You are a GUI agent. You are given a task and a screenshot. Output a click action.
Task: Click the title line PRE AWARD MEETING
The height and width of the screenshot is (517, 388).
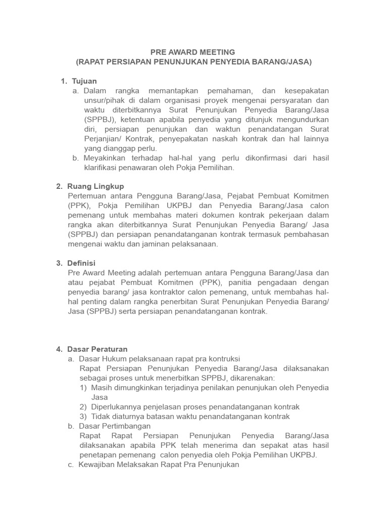pos(193,51)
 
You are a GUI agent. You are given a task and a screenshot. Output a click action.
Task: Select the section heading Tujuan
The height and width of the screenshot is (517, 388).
pos(84,81)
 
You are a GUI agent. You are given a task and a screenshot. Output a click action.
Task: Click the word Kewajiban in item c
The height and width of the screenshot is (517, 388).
pos(96,464)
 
